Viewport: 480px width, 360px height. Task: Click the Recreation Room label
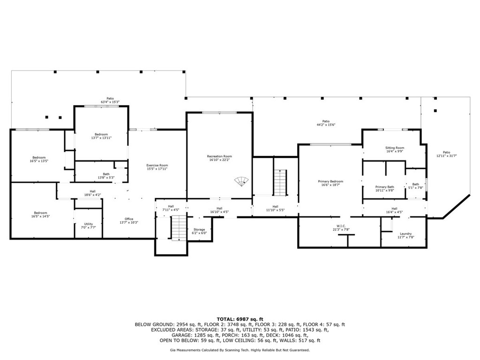point(219,157)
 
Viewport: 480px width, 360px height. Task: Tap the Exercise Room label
point(157,165)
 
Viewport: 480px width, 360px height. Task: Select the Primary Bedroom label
point(330,181)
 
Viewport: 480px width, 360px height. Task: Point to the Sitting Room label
point(395,148)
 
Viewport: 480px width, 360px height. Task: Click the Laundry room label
point(405,233)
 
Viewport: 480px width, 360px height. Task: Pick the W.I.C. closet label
point(341,226)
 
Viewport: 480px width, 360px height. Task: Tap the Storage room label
point(199,229)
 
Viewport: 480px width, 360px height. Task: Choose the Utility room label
point(89,224)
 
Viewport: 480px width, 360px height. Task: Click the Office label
point(129,219)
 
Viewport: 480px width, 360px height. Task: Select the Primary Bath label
point(384,187)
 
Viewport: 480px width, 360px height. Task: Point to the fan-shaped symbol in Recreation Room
point(241,181)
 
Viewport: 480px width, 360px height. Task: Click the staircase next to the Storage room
point(179,228)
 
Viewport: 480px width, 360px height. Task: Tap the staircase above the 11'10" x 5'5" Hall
point(280,183)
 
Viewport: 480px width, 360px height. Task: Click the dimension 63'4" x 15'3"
point(110,102)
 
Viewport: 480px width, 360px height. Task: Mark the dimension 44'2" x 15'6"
point(326,125)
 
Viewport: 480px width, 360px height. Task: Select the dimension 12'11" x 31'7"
point(446,156)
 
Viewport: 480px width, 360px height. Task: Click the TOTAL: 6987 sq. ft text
point(240,319)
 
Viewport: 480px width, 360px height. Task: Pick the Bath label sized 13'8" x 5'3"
point(106,174)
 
